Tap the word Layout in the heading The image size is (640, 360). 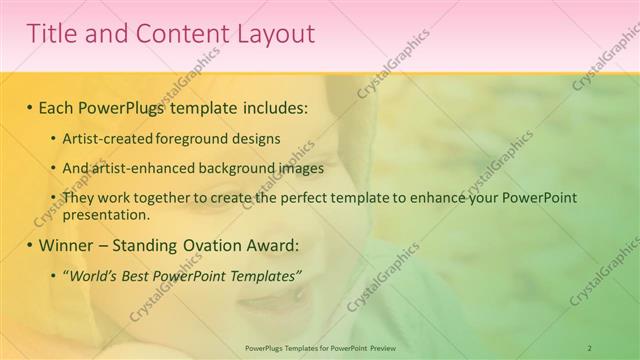click(x=276, y=34)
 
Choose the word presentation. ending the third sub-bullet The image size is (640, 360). click(x=106, y=214)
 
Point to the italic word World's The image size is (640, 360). click(x=91, y=275)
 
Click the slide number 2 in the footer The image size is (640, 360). click(x=589, y=347)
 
